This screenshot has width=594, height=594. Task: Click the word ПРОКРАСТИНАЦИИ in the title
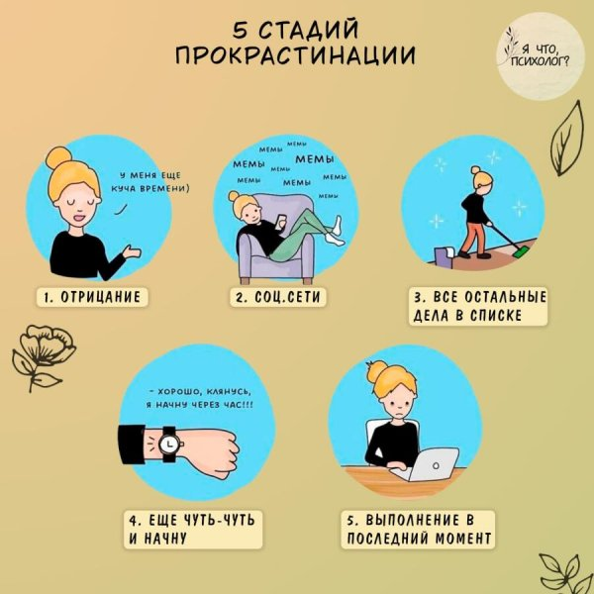pyautogui.click(x=295, y=55)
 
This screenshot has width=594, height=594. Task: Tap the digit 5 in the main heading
pyautogui.click(x=240, y=29)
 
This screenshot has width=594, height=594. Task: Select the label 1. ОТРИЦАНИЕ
pyautogui.click(x=92, y=297)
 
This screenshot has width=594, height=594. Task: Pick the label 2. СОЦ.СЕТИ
pyautogui.click(x=277, y=297)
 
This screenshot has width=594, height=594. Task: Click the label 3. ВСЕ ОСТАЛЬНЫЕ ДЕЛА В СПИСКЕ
pyautogui.click(x=478, y=306)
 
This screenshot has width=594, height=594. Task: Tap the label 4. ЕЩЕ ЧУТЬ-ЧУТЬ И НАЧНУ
pyautogui.click(x=193, y=530)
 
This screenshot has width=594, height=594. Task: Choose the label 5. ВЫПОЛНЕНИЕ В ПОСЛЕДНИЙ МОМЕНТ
pyautogui.click(x=418, y=530)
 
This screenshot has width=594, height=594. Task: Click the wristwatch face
pyautogui.click(x=168, y=444)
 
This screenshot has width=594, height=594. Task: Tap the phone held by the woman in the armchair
pyautogui.click(x=282, y=221)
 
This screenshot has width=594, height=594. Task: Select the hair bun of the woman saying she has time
pyautogui.click(x=58, y=157)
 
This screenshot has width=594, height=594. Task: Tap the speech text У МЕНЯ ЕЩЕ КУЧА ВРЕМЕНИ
pyautogui.click(x=150, y=182)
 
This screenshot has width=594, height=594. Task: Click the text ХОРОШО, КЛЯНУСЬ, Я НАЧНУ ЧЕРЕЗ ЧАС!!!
pyautogui.click(x=200, y=398)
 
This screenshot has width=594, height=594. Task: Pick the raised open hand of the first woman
pyautogui.click(x=132, y=251)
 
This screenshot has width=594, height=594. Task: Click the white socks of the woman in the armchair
pyautogui.click(x=335, y=232)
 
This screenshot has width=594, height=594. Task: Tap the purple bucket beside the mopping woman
pyautogui.click(x=444, y=255)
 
